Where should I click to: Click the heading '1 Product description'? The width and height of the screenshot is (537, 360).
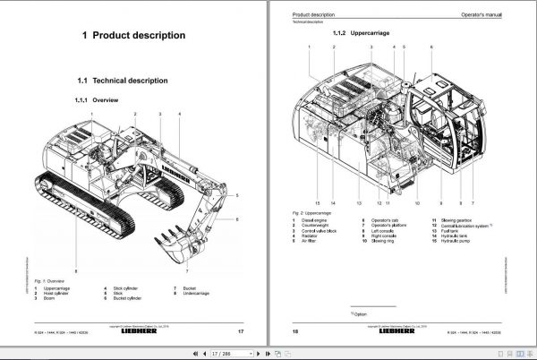click(x=133, y=36)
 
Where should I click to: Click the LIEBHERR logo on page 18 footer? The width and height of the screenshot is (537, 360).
click(x=405, y=332)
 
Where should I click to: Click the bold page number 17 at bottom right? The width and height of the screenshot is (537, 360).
click(x=241, y=332)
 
